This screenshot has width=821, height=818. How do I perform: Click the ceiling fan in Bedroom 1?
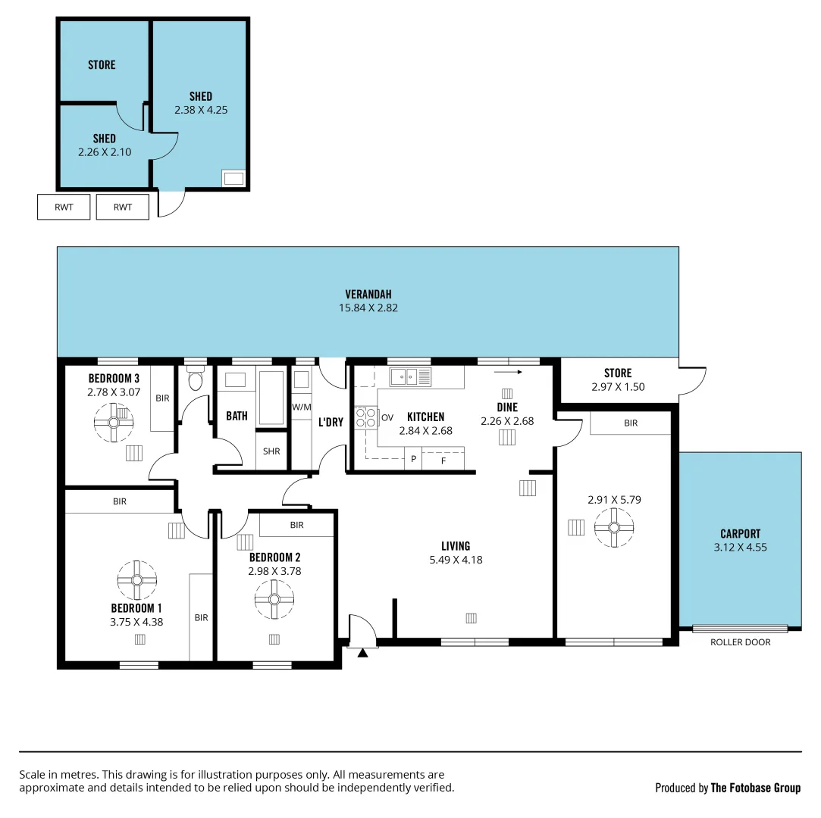pyautogui.click(x=137, y=580)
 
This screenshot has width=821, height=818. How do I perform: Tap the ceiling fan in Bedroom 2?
pyautogui.click(x=274, y=600)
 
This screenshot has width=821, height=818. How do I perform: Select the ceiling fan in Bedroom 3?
pyautogui.click(x=114, y=422)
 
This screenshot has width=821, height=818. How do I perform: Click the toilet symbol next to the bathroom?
pyautogui.click(x=196, y=379)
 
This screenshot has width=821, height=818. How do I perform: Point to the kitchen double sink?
pyautogui.click(x=409, y=376)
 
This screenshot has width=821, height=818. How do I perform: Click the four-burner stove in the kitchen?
pyautogui.click(x=366, y=418)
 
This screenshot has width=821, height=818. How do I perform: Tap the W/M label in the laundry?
pyautogui.click(x=301, y=407)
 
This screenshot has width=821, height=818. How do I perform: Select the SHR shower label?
pyautogui.click(x=271, y=451)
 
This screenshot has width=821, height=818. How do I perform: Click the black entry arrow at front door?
pyautogui.click(x=362, y=652)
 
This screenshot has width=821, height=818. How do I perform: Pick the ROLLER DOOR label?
pyautogui.click(x=740, y=642)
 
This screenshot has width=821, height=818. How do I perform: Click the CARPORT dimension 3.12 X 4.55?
pyautogui.click(x=740, y=547)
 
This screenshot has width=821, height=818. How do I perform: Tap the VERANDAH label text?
pyautogui.click(x=368, y=294)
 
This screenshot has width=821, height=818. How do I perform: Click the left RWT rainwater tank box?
pyautogui.click(x=64, y=208)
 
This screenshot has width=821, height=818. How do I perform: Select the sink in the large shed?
pyautogui.click(x=233, y=179)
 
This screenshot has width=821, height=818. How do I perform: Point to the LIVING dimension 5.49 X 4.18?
pyautogui.click(x=456, y=560)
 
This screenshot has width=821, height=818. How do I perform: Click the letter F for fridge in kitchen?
pyautogui.click(x=443, y=459)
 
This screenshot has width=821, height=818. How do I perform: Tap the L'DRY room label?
pyautogui.click(x=331, y=422)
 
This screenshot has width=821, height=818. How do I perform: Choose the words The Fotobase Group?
pyautogui.click(x=755, y=788)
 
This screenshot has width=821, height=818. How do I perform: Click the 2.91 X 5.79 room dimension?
pyautogui.click(x=613, y=500)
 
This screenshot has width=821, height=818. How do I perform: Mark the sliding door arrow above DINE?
pyautogui.click(x=508, y=372)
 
